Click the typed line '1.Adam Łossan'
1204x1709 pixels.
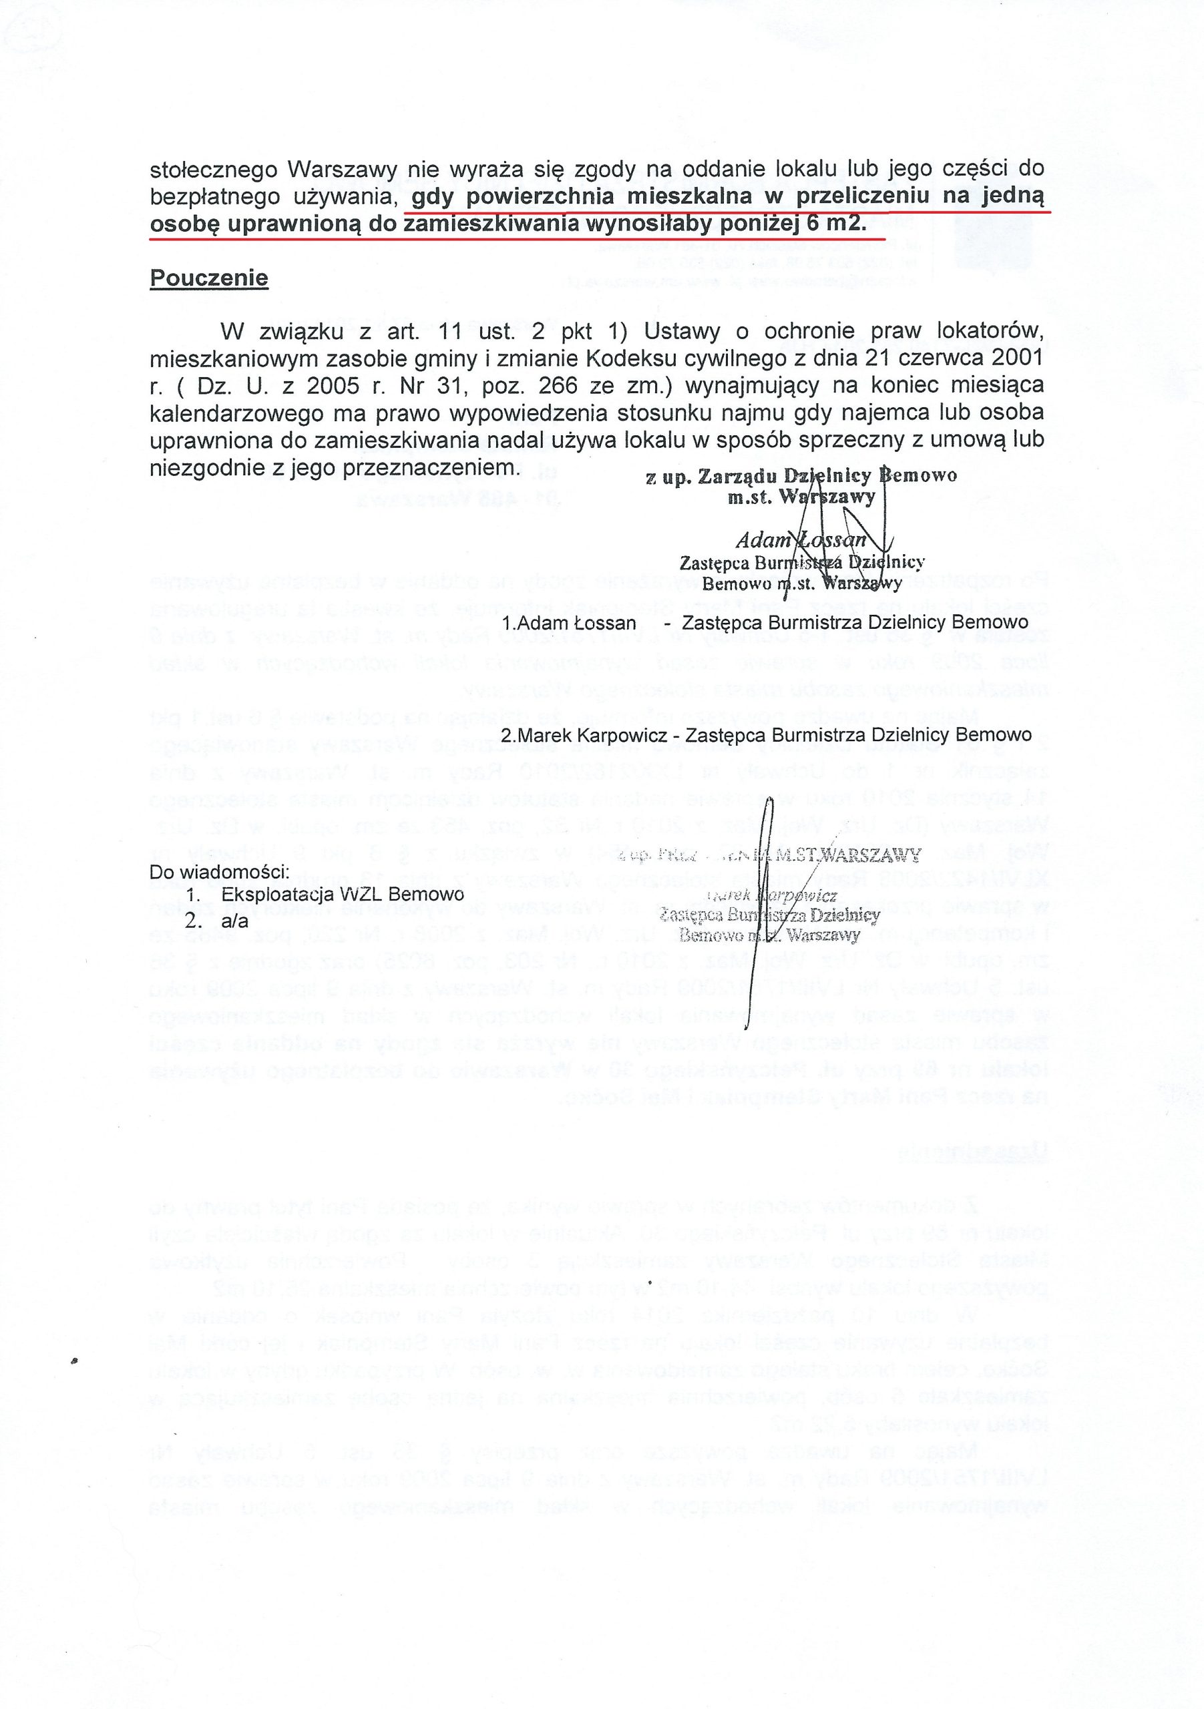pos(569,622)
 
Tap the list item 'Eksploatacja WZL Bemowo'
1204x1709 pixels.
pos(343,894)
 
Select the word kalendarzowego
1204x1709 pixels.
pos(234,413)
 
